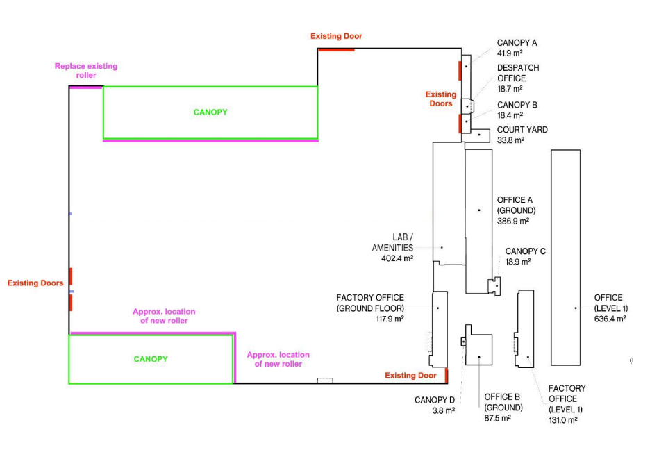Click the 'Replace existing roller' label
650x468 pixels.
(86, 70)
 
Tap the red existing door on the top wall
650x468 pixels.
(336, 50)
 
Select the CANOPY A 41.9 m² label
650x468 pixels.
(517, 48)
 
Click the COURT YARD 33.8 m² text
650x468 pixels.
(522, 135)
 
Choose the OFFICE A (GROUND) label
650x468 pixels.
(516, 210)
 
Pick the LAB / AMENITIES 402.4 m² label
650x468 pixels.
(392, 247)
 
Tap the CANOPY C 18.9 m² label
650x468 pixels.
(525, 256)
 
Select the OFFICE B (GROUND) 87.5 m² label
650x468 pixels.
(503, 408)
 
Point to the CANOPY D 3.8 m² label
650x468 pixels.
(435, 405)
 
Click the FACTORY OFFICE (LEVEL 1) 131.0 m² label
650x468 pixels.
(567, 404)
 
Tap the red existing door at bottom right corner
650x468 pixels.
(447, 375)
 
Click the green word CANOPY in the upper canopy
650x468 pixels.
(210, 112)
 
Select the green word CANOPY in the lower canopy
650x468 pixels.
(151, 359)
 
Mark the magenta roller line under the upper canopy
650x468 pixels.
(210, 141)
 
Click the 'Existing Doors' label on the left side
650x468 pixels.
(35, 283)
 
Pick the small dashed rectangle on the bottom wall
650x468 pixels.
(325, 380)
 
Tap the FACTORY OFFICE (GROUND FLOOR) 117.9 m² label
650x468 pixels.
(370, 308)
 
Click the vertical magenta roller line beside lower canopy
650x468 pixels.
(235, 358)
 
